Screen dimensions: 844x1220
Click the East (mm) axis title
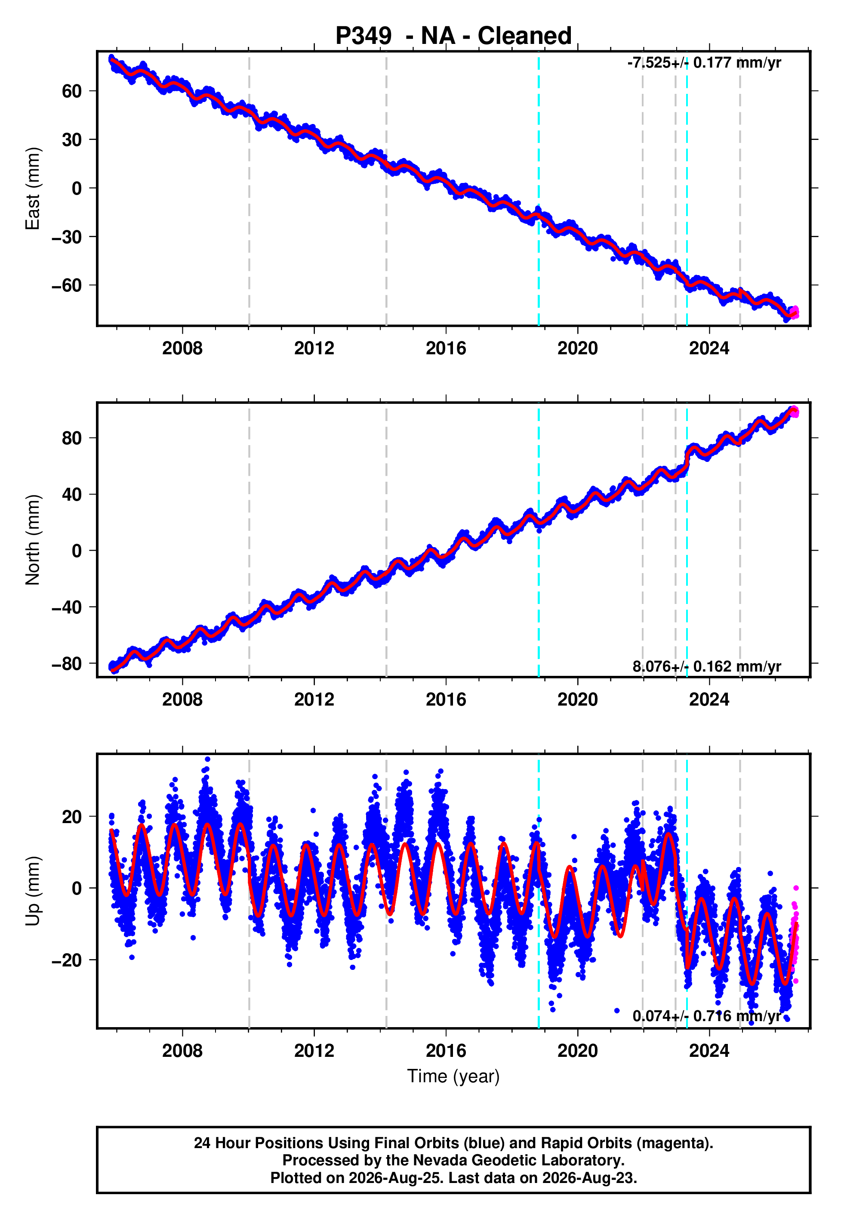click(33, 189)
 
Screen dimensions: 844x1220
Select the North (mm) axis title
click(33, 540)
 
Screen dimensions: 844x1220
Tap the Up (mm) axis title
click(33, 891)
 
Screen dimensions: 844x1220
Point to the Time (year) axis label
click(453, 1077)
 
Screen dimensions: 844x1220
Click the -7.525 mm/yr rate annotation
click(704, 63)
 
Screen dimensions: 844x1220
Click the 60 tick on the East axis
click(72, 91)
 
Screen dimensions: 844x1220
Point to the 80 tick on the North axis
click(72, 438)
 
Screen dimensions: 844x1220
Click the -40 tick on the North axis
click(67, 607)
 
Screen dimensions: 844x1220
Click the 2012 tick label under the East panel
click(314, 349)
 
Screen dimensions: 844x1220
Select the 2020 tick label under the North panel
click(577, 700)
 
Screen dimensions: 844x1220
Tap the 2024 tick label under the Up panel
click(709, 1051)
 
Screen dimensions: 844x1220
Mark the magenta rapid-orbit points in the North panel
click(794, 412)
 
